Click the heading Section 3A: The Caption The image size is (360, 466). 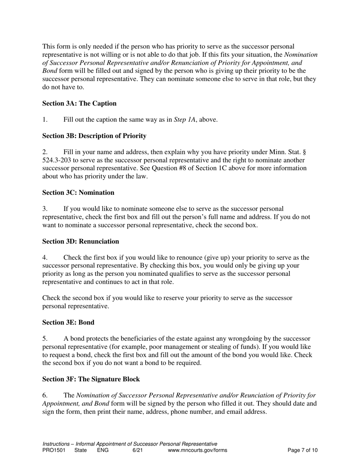coord(79,103)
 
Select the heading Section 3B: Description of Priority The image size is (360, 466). coord(94,136)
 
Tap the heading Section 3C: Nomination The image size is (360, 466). coord(78,192)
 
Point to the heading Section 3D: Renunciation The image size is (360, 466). coord(80,241)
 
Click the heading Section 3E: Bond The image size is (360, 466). coord(68,322)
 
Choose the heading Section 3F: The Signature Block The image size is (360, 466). coord(91,379)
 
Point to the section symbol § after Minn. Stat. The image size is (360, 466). coord(305,152)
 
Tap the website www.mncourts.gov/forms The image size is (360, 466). coord(197,450)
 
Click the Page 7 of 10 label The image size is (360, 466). coord(302,450)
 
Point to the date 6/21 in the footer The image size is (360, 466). coord(138,450)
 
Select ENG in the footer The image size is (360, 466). coord(103,450)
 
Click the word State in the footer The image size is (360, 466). coord(80,450)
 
